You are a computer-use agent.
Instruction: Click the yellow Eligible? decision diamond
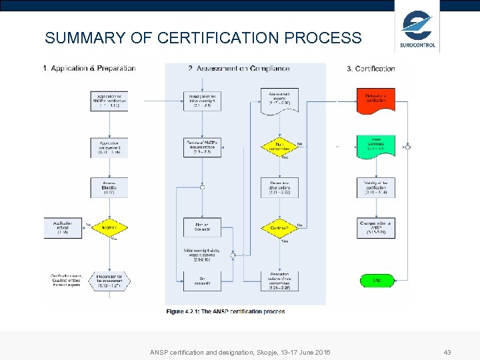coord(109,227)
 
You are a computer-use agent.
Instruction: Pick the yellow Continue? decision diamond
coord(279,227)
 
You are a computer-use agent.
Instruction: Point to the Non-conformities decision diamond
coord(279,145)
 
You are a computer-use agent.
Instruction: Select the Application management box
coord(109,147)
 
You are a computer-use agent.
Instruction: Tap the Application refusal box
coord(63,227)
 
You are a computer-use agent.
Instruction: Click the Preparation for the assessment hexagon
coord(109,281)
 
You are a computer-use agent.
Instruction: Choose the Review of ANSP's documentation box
coord(202,147)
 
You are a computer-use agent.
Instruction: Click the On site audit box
coord(202,281)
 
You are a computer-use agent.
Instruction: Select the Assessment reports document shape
coord(279,99)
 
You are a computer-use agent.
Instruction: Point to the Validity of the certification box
coord(375,187)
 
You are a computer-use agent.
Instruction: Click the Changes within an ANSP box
coord(375,227)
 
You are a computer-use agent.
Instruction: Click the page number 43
coord(448,351)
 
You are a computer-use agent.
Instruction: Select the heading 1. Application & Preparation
coord(89,68)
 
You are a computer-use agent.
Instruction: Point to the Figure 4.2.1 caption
coord(225,311)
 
